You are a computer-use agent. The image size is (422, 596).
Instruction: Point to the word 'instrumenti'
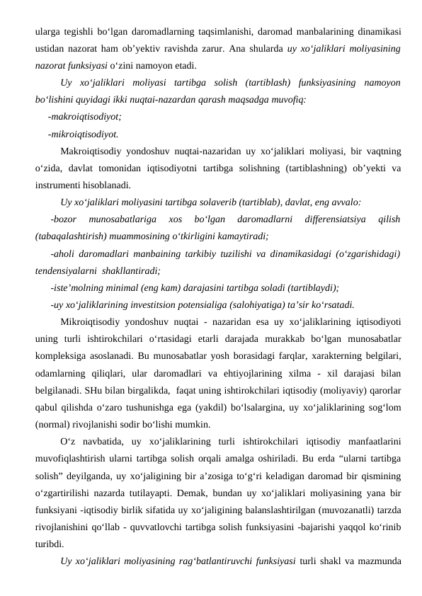click(x=55, y=185)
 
